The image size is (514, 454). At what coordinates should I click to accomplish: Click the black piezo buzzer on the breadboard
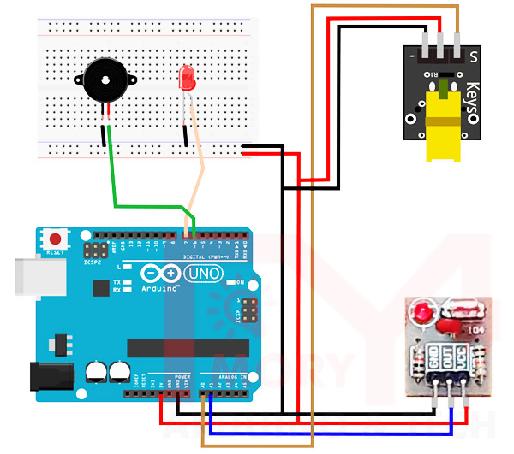102,81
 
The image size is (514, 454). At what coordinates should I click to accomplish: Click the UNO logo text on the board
202,274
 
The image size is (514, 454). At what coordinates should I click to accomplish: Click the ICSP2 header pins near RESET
93,250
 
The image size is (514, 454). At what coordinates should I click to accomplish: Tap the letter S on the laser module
473,56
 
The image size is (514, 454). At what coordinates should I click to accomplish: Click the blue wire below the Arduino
326,433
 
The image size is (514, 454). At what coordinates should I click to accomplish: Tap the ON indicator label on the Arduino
240,282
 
